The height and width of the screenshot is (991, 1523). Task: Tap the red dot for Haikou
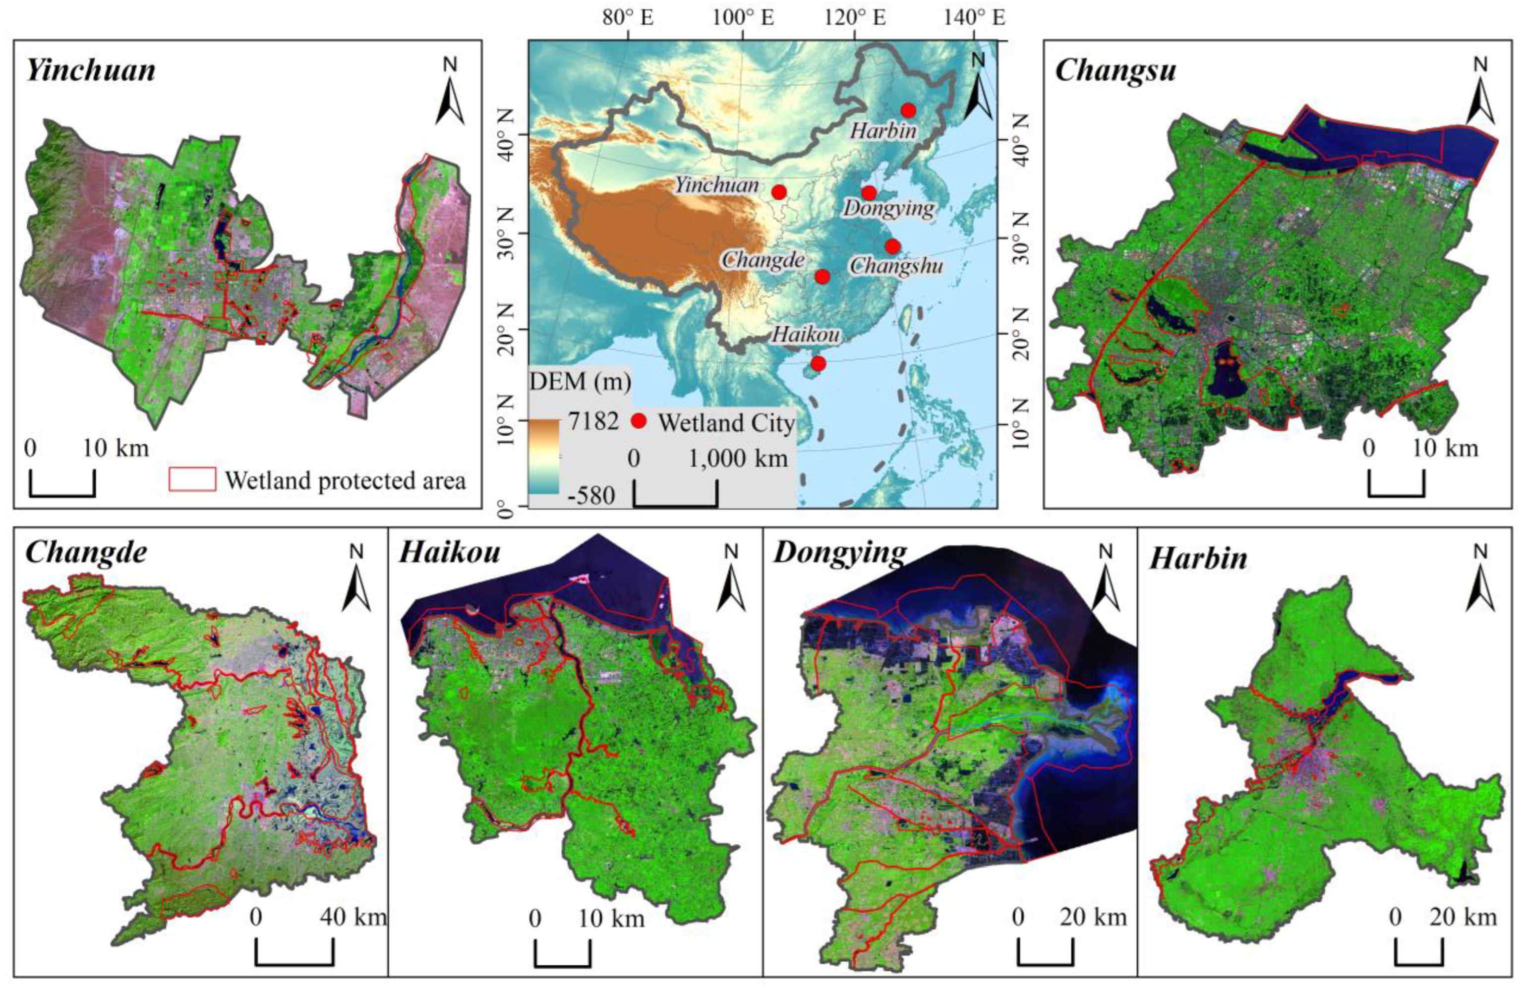[818, 363]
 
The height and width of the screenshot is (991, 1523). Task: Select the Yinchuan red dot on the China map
[779, 192]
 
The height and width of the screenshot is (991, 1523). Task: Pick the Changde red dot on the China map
[822, 277]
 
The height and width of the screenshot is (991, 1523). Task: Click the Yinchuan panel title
[91, 70]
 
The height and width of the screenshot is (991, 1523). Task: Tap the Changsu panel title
[1115, 70]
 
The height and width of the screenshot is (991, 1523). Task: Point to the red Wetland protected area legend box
[192, 479]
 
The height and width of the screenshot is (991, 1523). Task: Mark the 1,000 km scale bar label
[738, 458]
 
